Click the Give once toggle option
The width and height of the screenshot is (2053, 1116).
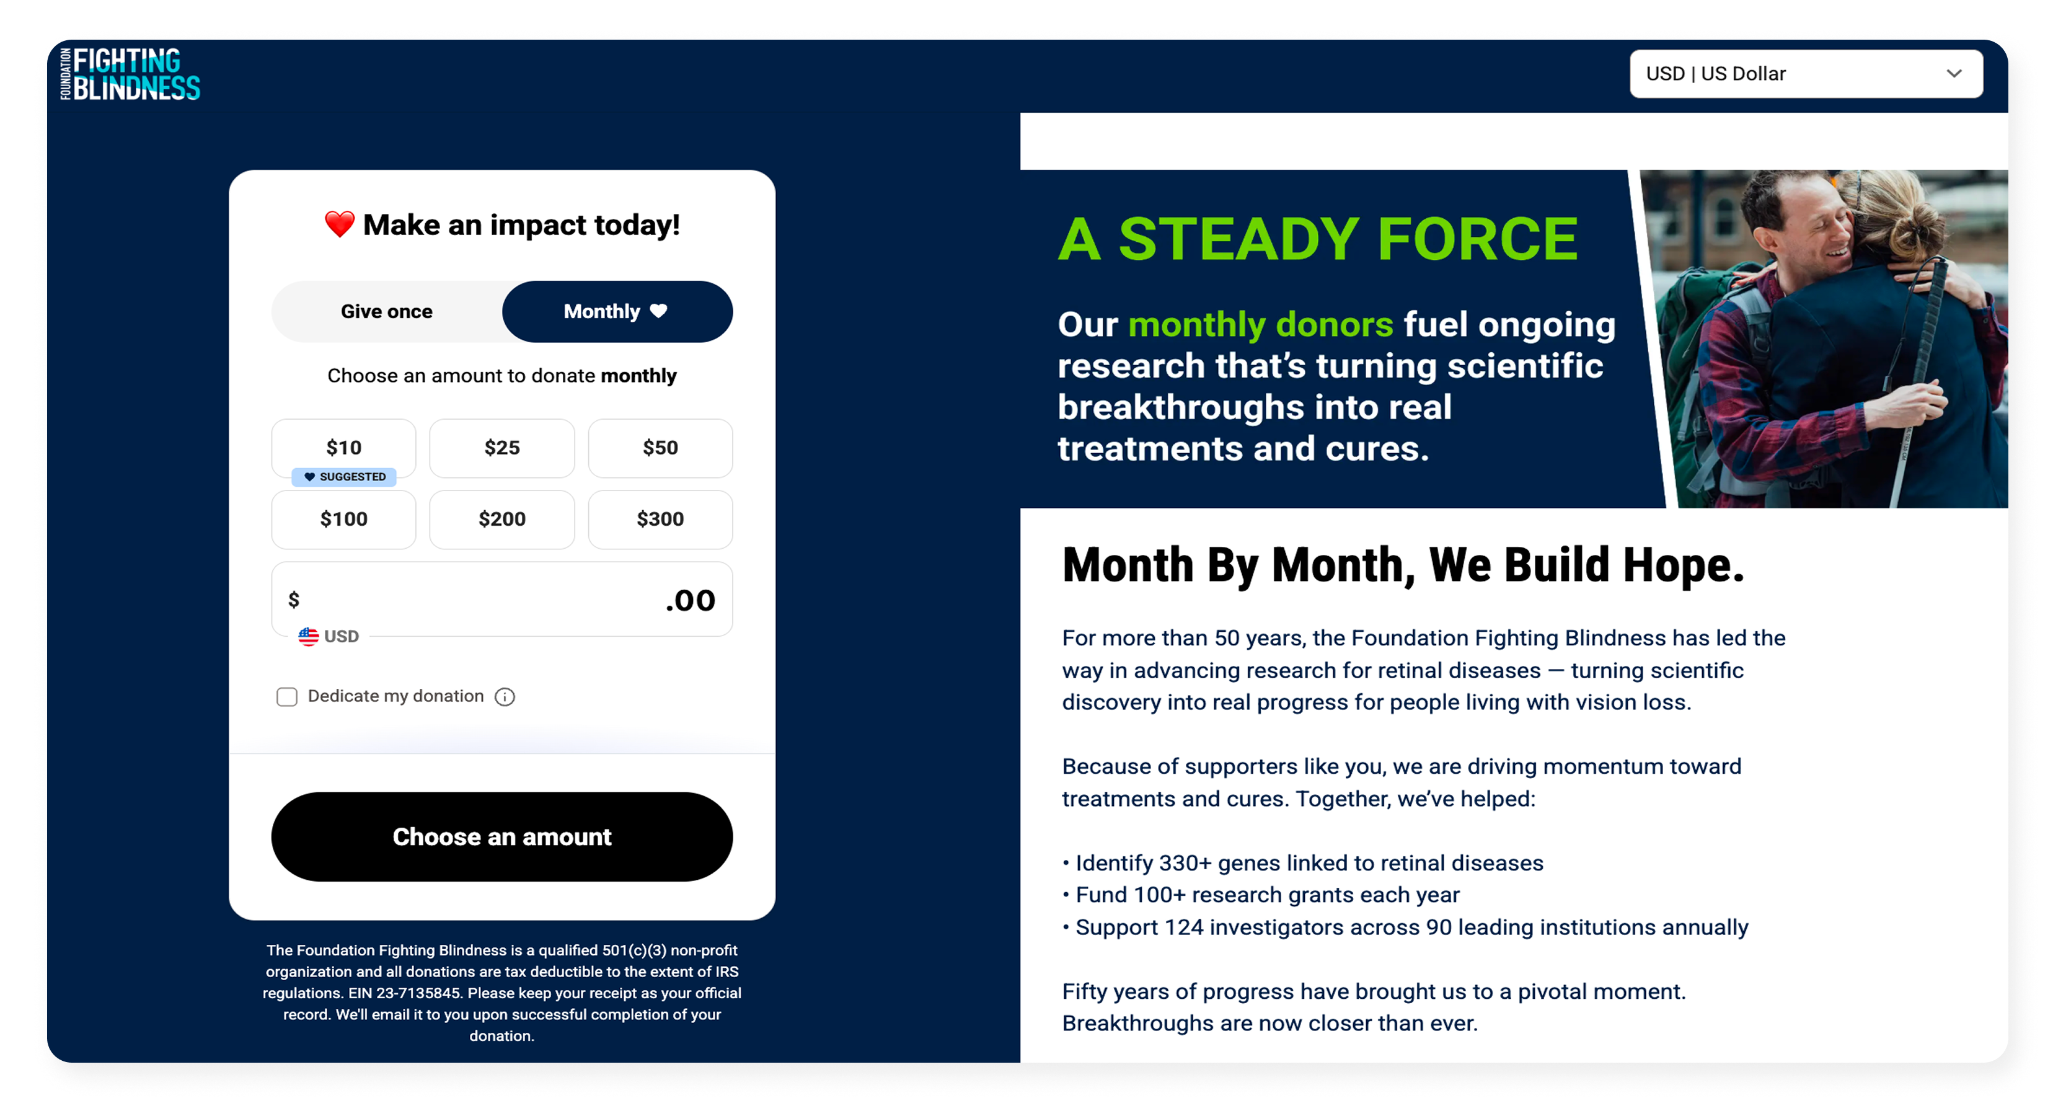(x=387, y=312)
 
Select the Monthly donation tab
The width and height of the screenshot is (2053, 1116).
(x=617, y=312)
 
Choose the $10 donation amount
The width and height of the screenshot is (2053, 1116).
(x=343, y=448)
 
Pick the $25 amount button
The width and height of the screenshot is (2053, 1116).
(x=502, y=448)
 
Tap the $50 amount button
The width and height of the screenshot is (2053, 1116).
(x=661, y=448)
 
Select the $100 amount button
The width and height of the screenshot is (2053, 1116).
(x=343, y=520)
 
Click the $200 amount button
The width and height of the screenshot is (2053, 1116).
(x=502, y=520)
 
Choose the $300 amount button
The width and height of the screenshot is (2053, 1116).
(x=661, y=520)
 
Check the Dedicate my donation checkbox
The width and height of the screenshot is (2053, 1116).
(x=287, y=697)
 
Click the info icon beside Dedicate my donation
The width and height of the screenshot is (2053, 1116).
(x=505, y=697)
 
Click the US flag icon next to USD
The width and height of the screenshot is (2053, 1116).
(x=309, y=636)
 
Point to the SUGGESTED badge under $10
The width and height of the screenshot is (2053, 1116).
(x=344, y=477)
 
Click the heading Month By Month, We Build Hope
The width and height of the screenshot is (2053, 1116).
(x=1403, y=565)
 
